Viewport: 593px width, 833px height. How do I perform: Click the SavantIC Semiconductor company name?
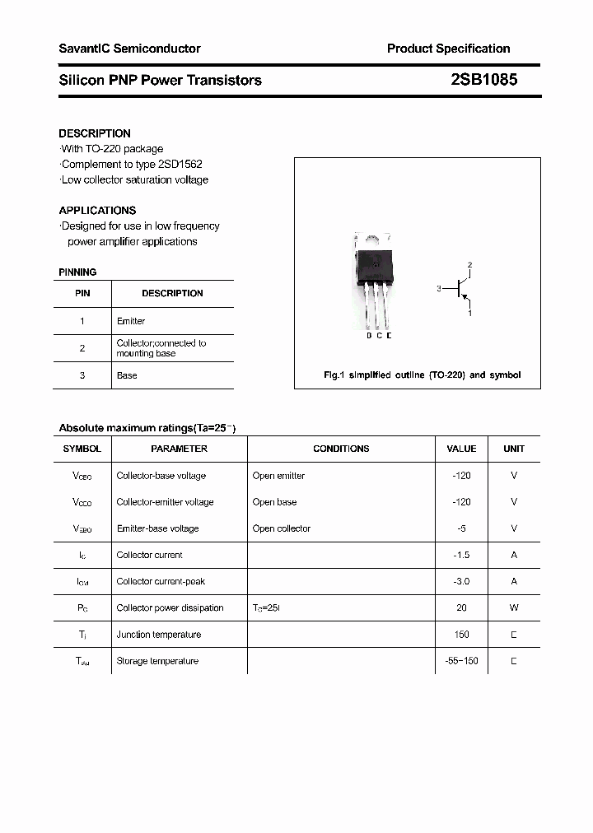coord(129,49)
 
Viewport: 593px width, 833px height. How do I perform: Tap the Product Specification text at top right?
coord(448,49)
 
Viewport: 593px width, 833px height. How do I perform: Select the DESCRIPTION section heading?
coord(95,133)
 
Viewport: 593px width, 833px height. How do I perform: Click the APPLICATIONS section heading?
coord(97,210)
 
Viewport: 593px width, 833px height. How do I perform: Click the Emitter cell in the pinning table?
coord(131,321)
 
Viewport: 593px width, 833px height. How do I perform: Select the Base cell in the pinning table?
coord(127,375)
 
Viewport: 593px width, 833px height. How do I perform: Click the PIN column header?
coord(82,293)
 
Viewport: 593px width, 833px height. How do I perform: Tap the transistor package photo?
coord(373,280)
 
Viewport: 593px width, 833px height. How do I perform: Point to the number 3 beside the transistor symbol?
coord(440,289)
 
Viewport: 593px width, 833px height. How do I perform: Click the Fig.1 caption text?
coord(421,375)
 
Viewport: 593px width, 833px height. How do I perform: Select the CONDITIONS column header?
coord(341,449)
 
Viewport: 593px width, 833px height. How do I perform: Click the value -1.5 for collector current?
coord(461,555)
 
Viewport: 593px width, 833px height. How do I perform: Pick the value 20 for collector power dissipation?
coord(461,607)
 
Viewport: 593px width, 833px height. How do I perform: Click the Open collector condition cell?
coord(282,528)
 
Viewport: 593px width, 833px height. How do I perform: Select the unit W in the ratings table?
coord(514,607)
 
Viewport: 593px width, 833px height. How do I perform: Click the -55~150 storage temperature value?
coord(461,661)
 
